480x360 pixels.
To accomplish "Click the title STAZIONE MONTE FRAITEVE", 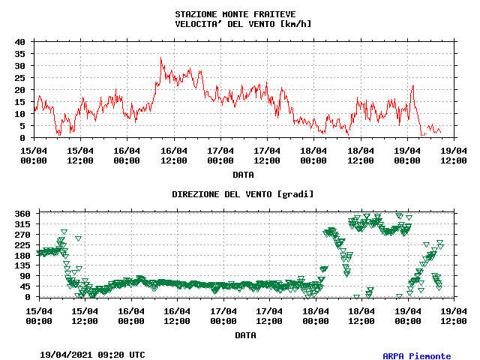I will [235, 14].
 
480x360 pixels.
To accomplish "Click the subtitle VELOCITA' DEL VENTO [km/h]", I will [242, 24].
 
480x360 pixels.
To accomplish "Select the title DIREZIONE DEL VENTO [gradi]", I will [242, 194].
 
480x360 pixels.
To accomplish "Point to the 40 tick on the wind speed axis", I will [20, 42].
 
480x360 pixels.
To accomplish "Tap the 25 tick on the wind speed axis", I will [20, 78].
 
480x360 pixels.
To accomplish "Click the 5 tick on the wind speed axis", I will [23, 126].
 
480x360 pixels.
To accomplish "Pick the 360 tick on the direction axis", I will [22, 214].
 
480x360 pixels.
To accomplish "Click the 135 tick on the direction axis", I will [22, 265].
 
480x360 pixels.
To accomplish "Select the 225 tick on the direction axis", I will [22, 244].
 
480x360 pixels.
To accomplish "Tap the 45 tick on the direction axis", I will [25, 286].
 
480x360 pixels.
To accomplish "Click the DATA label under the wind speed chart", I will [242, 175].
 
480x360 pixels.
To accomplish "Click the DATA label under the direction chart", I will [245, 335].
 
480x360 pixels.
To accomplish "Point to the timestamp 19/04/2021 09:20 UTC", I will [92, 354].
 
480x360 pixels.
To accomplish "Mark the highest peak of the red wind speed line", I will [160, 57].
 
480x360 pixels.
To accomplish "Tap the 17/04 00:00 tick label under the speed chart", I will [220, 154].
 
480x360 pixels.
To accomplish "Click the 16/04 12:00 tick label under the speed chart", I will [174, 154].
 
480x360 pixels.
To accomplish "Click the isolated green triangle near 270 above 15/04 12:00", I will [78, 238].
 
